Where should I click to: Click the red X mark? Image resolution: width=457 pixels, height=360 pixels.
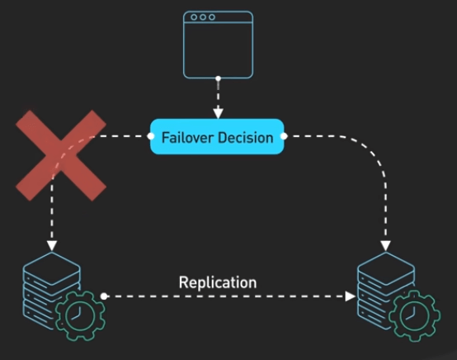click(x=61, y=155)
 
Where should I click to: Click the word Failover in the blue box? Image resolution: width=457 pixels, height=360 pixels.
click(x=187, y=138)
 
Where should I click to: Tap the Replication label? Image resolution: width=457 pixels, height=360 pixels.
click(x=218, y=282)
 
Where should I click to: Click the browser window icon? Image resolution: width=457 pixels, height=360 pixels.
click(x=218, y=45)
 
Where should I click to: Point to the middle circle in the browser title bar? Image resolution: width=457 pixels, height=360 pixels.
click(x=203, y=17)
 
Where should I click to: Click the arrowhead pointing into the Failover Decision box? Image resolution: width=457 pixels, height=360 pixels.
click(x=218, y=113)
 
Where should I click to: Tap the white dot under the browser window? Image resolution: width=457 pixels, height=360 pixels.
click(x=218, y=78)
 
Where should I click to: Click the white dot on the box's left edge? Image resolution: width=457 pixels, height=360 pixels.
click(x=151, y=136)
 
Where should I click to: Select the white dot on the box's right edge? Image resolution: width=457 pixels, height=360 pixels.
click(x=284, y=136)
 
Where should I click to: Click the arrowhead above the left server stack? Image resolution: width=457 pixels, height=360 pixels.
click(x=52, y=246)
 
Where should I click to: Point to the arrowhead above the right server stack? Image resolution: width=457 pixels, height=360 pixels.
click(x=385, y=246)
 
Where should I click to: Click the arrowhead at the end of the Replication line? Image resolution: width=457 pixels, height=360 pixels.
click(x=350, y=296)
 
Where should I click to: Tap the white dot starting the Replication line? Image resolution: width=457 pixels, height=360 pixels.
click(x=104, y=296)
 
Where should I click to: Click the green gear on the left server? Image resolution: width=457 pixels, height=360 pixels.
click(x=80, y=315)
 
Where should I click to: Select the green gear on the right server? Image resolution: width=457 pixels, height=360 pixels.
click(x=415, y=315)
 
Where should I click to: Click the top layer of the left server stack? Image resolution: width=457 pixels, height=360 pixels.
click(x=52, y=268)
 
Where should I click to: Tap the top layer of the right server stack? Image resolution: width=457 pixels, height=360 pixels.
click(x=386, y=268)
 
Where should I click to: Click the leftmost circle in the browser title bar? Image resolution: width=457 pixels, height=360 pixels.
click(x=194, y=17)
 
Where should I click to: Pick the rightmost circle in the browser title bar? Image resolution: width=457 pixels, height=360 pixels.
click(x=212, y=17)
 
